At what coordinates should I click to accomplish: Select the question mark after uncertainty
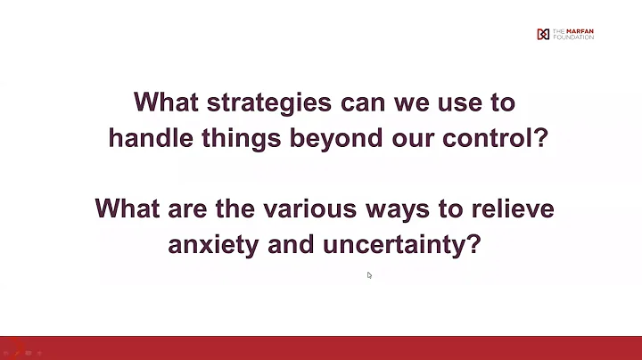(x=474, y=245)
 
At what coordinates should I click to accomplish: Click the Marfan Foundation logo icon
(x=543, y=35)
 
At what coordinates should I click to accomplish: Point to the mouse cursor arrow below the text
(x=369, y=275)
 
